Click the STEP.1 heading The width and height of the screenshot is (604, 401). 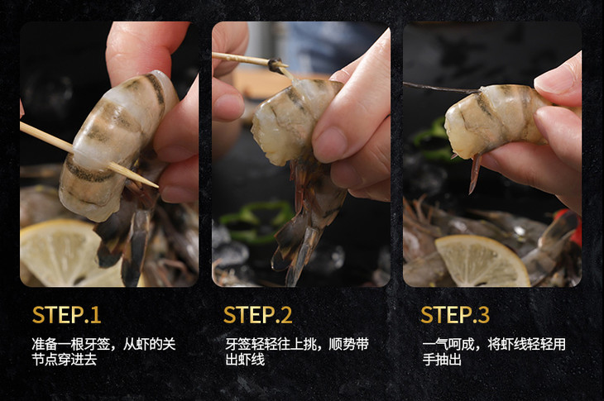pyautogui.click(x=67, y=315)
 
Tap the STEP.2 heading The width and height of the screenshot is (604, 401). pyautogui.click(x=257, y=315)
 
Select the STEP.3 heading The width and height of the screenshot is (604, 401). pyautogui.click(x=455, y=315)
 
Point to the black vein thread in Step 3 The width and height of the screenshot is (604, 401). pyautogui.click(x=442, y=88)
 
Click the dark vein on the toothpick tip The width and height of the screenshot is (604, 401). pyautogui.click(x=276, y=65)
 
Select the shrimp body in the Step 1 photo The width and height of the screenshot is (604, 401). pyautogui.click(x=116, y=146)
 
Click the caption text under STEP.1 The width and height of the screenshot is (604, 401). pyautogui.click(x=103, y=351)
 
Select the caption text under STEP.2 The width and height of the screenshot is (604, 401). pyautogui.click(x=297, y=351)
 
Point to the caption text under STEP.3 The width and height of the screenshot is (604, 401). pyautogui.click(x=494, y=351)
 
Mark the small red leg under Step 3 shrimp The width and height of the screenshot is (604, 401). pyautogui.click(x=475, y=173)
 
